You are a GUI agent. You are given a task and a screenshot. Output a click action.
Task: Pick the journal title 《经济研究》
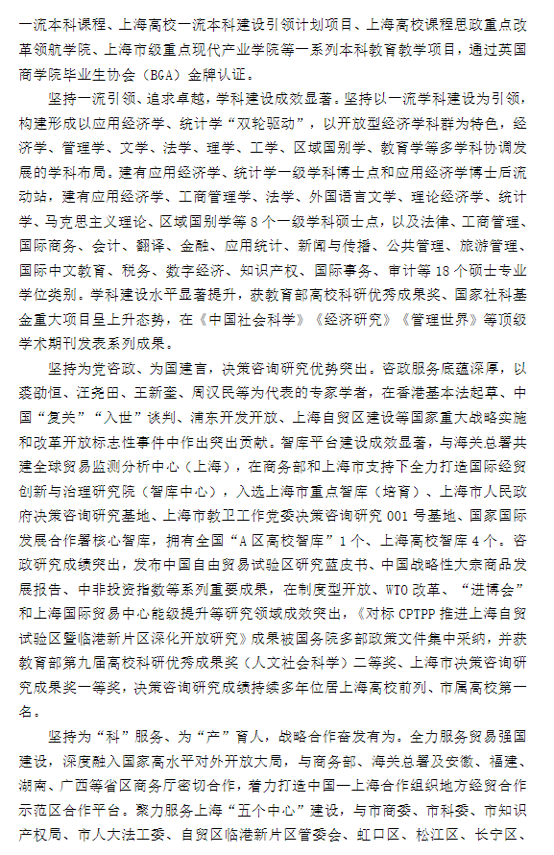[x=336, y=319]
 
